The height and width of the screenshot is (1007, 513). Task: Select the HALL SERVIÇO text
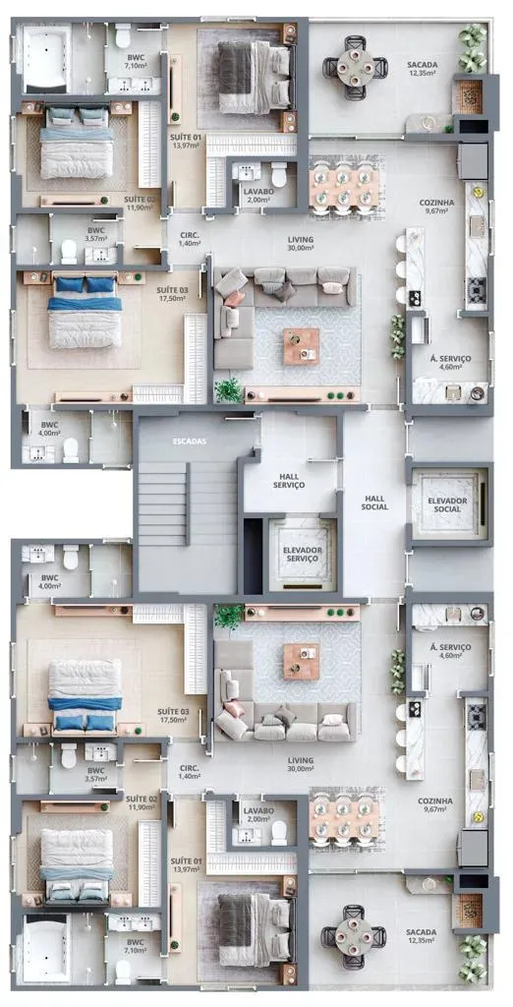(288, 480)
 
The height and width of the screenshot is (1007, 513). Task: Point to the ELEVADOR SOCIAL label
(447, 504)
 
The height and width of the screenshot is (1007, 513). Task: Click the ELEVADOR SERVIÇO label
(302, 555)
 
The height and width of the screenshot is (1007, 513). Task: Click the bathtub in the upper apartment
(46, 59)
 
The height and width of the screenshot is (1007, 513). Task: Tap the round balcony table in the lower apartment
(354, 936)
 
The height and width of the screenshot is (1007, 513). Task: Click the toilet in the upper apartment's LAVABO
(279, 175)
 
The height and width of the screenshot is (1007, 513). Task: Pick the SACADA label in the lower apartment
(421, 936)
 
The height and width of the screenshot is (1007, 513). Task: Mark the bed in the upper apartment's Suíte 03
(85, 312)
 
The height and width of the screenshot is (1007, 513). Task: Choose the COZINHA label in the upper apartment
(436, 207)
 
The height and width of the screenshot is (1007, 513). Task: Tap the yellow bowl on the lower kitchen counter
(477, 817)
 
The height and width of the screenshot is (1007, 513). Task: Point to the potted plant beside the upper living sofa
(229, 390)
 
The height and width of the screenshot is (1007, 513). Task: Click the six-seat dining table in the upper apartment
(342, 187)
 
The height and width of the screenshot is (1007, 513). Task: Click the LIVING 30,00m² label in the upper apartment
(300, 243)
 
